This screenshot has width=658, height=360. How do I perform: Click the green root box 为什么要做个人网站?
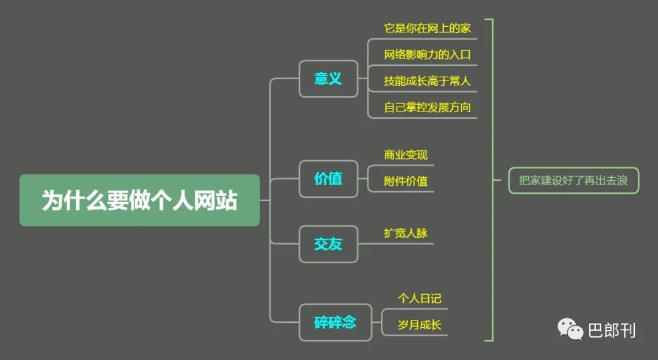[x=140, y=200]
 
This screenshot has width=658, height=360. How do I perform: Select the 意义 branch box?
[x=328, y=79]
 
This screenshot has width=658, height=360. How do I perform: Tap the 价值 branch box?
[x=328, y=178]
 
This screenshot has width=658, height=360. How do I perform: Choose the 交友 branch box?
[x=328, y=244]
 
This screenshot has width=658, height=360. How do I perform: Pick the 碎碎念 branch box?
[x=335, y=322]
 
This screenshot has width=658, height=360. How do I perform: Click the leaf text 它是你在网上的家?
[x=427, y=28]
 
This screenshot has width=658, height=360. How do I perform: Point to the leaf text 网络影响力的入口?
[x=427, y=55]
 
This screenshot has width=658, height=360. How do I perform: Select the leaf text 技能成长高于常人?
[x=427, y=80]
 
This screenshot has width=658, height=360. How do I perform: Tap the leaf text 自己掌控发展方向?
[x=427, y=107]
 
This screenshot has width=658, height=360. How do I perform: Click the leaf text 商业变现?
[x=405, y=155]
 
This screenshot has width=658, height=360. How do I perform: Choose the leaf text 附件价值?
[x=405, y=181]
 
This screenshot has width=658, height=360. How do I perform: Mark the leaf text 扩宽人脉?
[x=405, y=233]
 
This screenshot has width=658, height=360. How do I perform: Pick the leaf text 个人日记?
[x=420, y=298]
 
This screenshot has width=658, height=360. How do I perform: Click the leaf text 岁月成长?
[x=420, y=324]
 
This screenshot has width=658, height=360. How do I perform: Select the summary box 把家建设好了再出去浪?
[x=574, y=180]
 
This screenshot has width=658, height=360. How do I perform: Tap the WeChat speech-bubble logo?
[x=570, y=329]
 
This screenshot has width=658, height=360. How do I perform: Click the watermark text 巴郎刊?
[x=612, y=331]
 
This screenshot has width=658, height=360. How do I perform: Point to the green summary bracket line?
[x=492, y=180]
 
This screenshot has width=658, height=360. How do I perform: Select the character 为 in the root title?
[x=52, y=200]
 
